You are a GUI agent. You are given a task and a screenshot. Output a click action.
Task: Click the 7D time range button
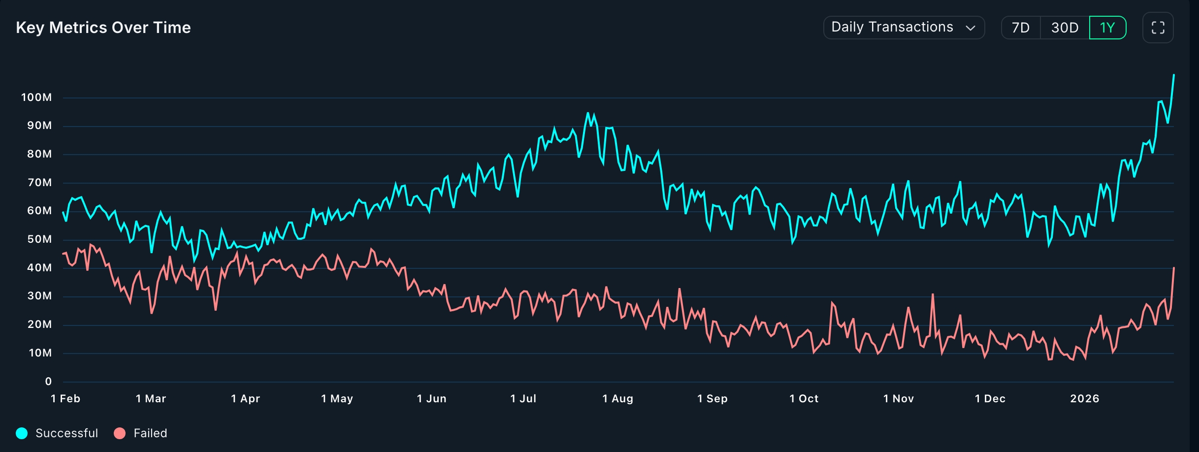[x=1020, y=28]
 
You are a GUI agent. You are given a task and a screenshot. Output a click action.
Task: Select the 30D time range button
[x=1065, y=28]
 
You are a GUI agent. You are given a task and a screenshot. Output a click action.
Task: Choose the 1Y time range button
[x=1107, y=28]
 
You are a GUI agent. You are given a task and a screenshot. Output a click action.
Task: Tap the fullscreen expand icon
[x=1158, y=28]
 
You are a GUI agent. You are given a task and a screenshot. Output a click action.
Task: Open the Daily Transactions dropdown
[x=904, y=28]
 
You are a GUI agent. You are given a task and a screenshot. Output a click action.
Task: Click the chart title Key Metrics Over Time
[x=103, y=28]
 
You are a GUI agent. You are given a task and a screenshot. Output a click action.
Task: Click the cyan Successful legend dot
[x=22, y=433]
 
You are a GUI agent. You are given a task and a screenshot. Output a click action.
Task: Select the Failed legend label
[x=150, y=433]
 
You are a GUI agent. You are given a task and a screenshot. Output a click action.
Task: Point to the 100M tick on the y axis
[x=36, y=97]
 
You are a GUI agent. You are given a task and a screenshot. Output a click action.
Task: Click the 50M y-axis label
[x=39, y=239]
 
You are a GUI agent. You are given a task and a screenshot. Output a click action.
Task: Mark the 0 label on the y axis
[x=48, y=382]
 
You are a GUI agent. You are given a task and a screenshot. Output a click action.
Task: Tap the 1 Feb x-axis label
[x=65, y=399]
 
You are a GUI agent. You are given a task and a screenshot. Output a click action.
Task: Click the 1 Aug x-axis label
[x=617, y=399]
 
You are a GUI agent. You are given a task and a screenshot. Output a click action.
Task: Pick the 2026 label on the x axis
[x=1084, y=399]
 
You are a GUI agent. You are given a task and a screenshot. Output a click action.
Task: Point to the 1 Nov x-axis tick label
[x=898, y=399]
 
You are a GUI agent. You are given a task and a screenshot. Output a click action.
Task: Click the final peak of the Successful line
[x=1174, y=75]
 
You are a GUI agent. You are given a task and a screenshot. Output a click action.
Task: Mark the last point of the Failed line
[x=1174, y=268]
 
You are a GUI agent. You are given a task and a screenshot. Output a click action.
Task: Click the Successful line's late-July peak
[x=587, y=113]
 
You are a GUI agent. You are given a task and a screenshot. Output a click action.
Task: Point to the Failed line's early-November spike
[x=933, y=294]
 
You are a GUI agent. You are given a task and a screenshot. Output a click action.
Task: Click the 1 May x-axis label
[x=337, y=399]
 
